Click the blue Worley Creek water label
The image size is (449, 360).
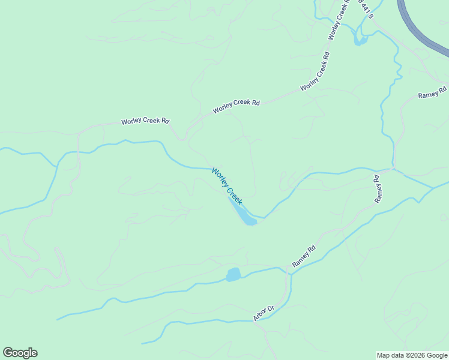pyautogui.click(x=227, y=186)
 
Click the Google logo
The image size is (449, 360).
pyautogui.click(x=20, y=353)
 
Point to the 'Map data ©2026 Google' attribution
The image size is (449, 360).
pyautogui.click(x=412, y=355)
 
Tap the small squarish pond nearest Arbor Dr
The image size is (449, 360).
pyautogui.click(x=234, y=275)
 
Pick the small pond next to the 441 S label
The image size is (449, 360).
pyautogui.click(x=360, y=40)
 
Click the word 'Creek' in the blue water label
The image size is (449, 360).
pyautogui.click(x=234, y=196)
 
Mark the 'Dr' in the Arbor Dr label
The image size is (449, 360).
pyautogui.click(x=271, y=308)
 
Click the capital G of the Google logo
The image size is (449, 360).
pyautogui.click(x=8, y=353)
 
